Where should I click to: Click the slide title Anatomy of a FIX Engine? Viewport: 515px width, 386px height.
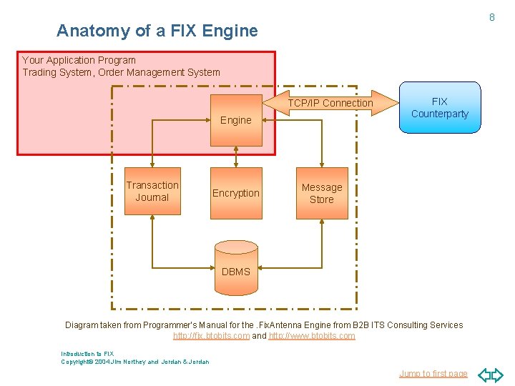(157, 31)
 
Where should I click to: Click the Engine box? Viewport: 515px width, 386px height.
(235, 119)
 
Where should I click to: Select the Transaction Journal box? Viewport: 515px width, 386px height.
(152, 191)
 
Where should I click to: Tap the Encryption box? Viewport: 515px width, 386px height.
(235, 192)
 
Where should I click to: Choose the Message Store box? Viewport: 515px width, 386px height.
(321, 193)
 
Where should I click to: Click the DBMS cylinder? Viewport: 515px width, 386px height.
(236, 268)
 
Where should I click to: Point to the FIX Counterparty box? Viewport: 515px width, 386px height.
(439, 108)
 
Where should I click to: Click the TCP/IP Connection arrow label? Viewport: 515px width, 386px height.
(330, 103)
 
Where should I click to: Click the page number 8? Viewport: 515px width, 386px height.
(491, 16)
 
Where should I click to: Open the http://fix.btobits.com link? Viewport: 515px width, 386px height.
(211, 336)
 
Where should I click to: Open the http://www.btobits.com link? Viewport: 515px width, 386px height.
(312, 336)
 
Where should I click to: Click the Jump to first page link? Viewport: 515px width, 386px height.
(433, 373)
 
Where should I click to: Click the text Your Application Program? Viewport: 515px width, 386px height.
(79, 60)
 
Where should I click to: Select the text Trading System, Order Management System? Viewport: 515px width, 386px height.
(121, 72)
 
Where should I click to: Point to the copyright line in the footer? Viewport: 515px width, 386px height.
(135, 362)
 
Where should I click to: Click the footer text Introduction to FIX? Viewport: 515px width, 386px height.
(87, 353)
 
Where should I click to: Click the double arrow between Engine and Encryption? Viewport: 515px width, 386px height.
(236, 155)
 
